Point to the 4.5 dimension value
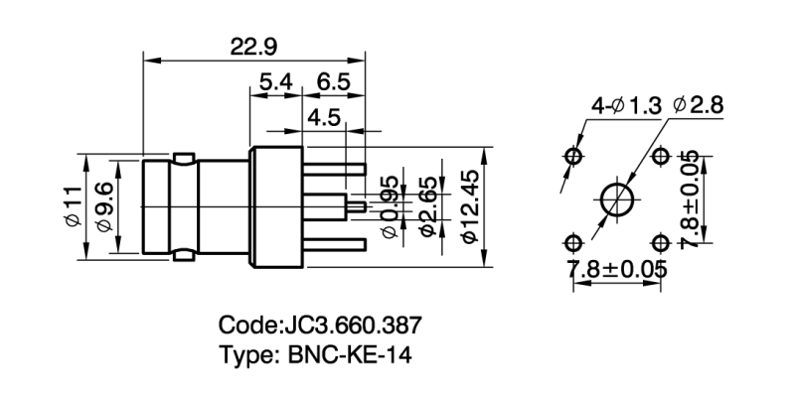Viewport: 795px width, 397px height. pyautogui.click(x=324, y=118)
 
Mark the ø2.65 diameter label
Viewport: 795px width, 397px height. pyautogui.click(x=429, y=206)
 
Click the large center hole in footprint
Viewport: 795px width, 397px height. pyautogui.click(x=618, y=199)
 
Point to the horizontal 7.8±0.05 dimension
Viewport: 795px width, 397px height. pyautogui.click(x=616, y=269)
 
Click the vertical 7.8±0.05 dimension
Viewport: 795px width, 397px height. pyautogui.click(x=693, y=199)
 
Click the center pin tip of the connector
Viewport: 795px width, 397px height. pyautogui.click(x=361, y=206)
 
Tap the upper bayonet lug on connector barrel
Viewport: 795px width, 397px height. pyautogui.click(x=183, y=157)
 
